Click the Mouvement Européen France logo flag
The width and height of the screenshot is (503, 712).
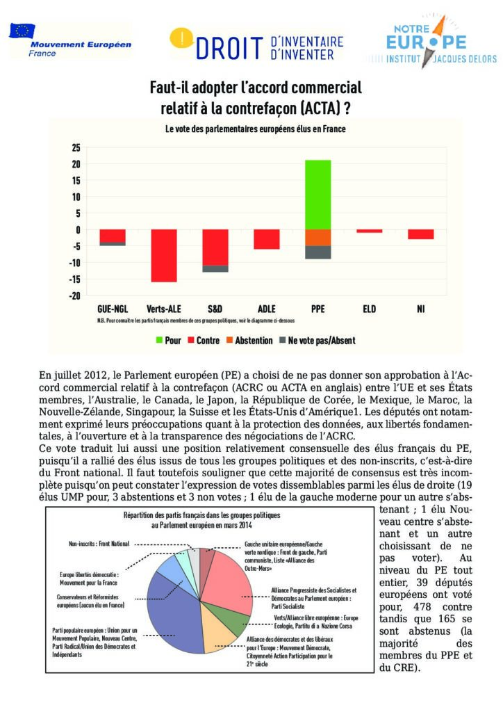[x=22, y=30]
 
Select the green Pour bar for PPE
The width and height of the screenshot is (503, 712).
[x=318, y=195]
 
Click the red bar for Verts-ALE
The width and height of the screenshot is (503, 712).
[x=165, y=255]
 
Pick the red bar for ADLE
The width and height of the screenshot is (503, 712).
[x=267, y=239]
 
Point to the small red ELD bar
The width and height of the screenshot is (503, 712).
[x=369, y=231]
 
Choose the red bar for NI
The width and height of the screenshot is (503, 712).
[x=420, y=234]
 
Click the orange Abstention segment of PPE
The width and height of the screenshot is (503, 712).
[x=318, y=238]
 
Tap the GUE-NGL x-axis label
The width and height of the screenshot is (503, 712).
[x=112, y=308]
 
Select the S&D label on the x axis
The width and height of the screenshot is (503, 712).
[x=215, y=308]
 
